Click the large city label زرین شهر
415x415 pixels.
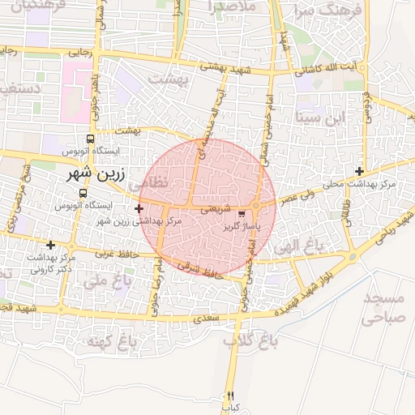pyautogui.click(x=90, y=175)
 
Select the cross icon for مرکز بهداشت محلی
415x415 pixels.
pyautogui.click(x=359, y=171)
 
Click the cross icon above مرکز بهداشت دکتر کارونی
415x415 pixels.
pyautogui.click(x=51, y=245)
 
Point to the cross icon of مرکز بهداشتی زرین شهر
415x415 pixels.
pyautogui.click(x=139, y=209)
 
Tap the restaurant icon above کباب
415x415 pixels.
pyautogui.click(x=232, y=395)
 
